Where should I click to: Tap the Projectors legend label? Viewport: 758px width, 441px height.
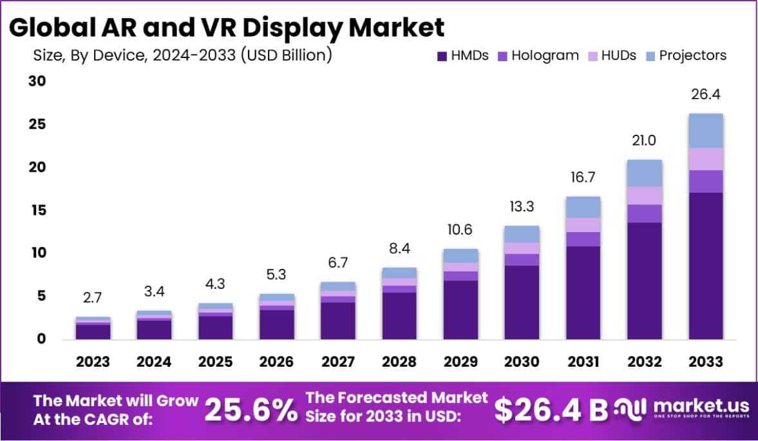tap(692, 55)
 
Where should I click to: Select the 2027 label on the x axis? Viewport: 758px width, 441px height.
tap(338, 362)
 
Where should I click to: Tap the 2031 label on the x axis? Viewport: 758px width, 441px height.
tap(583, 362)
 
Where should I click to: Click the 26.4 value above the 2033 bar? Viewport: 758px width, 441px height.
tap(706, 95)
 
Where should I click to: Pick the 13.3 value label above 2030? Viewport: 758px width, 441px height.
tap(522, 207)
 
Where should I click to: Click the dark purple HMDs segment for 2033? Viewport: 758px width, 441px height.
tap(706, 266)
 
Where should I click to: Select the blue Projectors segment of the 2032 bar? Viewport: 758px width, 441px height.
tap(645, 173)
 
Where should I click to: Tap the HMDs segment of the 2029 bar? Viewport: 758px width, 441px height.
tap(460, 309)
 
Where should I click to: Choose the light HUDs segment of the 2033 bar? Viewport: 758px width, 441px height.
tap(706, 159)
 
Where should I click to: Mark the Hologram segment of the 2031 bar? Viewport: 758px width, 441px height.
tap(583, 239)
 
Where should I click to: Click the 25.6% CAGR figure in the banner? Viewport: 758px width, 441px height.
tap(251, 409)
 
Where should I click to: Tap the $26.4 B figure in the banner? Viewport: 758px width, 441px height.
tap(551, 409)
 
